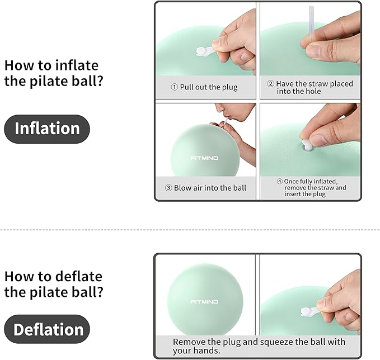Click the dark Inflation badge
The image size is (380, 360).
click(47, 129)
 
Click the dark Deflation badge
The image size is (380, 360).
click(48, 329)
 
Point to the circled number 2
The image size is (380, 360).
click(270, 84)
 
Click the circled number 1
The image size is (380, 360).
click(174, 87)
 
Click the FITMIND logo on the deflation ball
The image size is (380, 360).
click(205, 302)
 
